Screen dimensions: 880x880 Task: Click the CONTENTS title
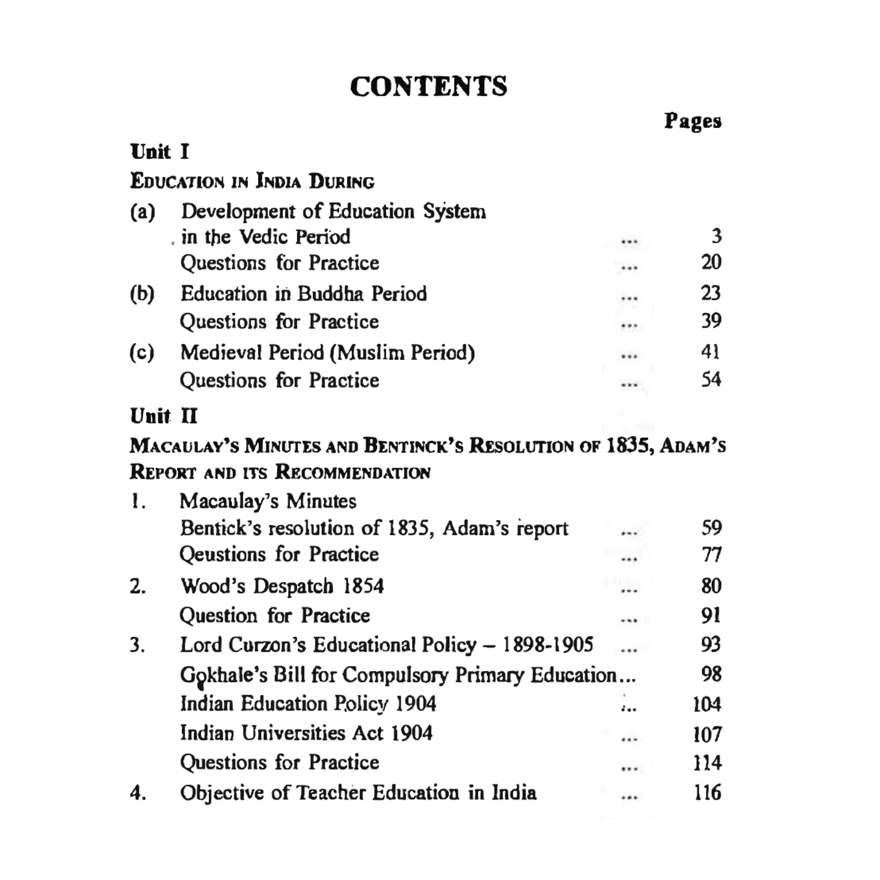(428, 86)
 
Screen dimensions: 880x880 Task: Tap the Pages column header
(692, 121)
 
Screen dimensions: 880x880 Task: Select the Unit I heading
(160, 151)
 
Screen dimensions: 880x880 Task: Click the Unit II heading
(164, 417)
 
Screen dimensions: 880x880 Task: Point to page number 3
(716, 236)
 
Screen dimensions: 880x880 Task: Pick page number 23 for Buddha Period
(711, 293)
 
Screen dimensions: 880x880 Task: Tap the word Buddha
(331, 294)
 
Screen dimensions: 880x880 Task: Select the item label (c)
(142, 353)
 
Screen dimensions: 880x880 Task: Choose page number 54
(711, 380)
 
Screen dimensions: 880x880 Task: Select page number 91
(711, 615)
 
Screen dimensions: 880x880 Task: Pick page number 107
(707, 734)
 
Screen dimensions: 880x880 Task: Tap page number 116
(707, 792)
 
